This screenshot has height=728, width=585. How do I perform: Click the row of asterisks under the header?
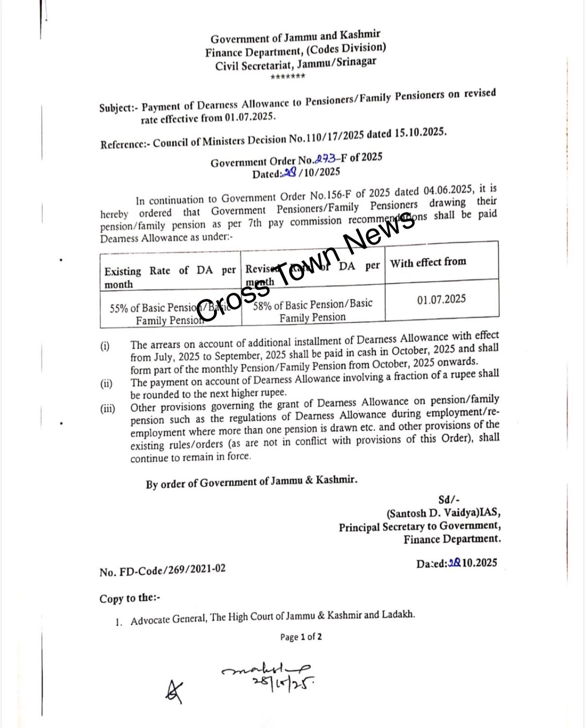288,77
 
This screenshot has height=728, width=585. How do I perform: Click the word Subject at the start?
115,108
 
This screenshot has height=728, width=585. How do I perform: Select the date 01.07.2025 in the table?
441,299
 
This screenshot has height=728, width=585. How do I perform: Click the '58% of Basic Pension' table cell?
312,311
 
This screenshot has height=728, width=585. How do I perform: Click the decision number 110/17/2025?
333,137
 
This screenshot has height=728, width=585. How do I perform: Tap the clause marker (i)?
105,346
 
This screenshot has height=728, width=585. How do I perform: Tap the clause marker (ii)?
106,384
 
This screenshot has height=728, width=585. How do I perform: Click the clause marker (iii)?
108,409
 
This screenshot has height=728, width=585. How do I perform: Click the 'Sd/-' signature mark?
449,500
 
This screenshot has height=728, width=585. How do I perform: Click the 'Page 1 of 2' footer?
301,637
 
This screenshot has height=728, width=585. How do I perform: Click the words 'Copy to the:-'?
130,598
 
